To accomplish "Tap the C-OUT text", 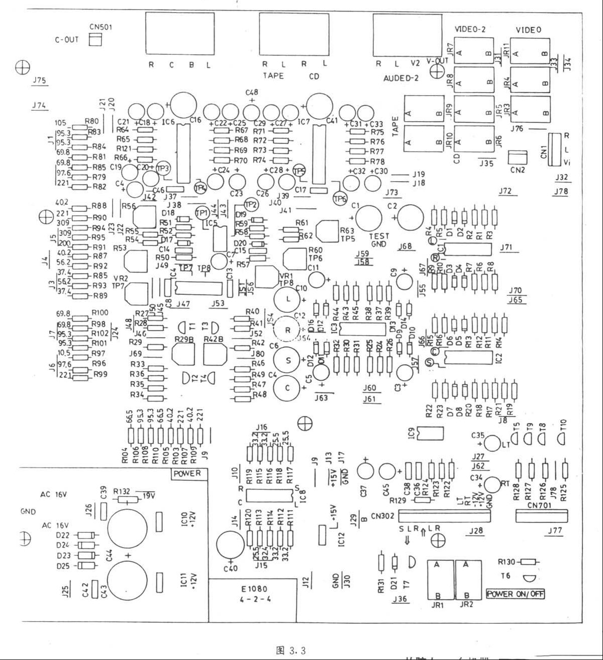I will tap(66, 40).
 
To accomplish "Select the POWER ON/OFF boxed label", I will tap(516, 594).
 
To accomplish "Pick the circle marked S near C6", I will tap(288, 360).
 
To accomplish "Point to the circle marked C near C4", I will tap(288, 388).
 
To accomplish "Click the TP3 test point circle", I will tap(163, 168).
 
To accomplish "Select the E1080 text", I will tap(254, 589).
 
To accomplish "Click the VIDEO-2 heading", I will tap(470, 30).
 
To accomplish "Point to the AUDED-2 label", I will tap(401, 78).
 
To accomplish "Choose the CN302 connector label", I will tap(383, 516).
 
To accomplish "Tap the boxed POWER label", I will tap(187, 473).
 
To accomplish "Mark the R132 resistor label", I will tap(122, 491).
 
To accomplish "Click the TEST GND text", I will tap(379, 240).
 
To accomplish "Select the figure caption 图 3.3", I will tap(291, 650).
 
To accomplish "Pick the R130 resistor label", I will tap(508, 561).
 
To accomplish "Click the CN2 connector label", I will tap(517, 170).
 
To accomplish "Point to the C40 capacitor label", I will tap(230, 569).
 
